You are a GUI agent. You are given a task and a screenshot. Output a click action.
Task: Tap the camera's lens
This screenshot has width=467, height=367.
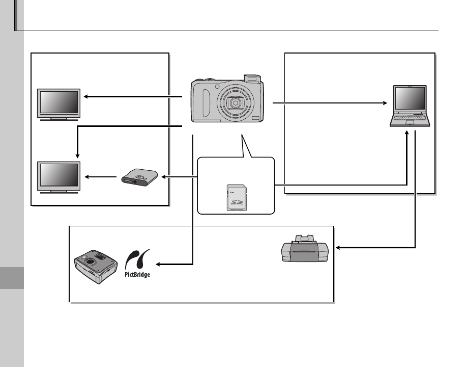235,103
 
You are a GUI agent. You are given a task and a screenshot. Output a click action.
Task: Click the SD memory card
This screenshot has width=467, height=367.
235,197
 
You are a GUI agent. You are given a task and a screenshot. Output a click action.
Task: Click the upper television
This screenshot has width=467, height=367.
60,103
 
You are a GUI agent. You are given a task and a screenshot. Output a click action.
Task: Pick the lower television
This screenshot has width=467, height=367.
60,176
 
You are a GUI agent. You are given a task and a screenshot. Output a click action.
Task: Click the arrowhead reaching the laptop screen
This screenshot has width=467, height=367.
386,103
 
